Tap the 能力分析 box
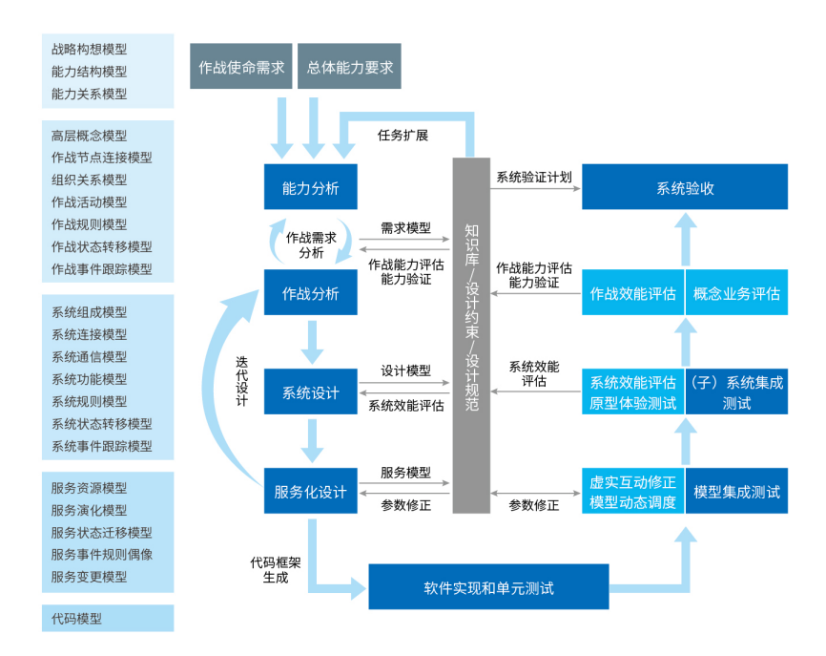pos(311,188)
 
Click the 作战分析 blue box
pos(311,293)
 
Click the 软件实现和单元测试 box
pos(488,587)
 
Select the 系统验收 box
pos(685,188)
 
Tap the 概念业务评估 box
pos(736,293)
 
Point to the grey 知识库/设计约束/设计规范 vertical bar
pos(471,334)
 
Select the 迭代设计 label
pos(241,382)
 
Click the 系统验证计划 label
pos(533,177)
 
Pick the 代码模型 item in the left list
pos(77,619)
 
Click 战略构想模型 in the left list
pos(90,49)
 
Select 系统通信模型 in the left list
pos(90,357)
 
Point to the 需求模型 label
pos(405,228)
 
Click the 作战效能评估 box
pos(633,293)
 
